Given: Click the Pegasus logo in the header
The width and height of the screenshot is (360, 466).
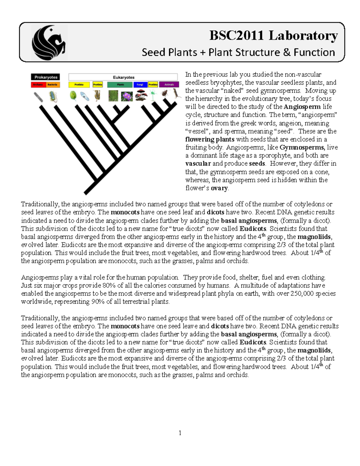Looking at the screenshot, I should pyautogui.click(x=49, y=42).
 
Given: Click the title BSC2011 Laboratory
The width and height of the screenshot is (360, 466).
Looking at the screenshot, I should pyautogui.click(x=273, y=35).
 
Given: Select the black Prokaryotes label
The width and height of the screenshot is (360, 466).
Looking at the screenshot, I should pyautogui.click(x=46, y=77).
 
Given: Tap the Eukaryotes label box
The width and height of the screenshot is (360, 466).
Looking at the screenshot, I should pyautogui.click(x=123, y=77).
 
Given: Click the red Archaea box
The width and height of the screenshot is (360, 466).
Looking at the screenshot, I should pyautogui.click(x=38, y=85).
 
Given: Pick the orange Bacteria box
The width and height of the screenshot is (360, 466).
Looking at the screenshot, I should pyautogui.click(x=52, y=85).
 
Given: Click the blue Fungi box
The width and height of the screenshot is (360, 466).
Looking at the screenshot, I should pyautogui.click(x=140, y=85).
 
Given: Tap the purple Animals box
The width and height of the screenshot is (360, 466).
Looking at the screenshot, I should pyautogui.click(x=169, y=85).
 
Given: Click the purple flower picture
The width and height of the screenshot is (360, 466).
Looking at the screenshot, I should pyautogui.click(x=127, y=96).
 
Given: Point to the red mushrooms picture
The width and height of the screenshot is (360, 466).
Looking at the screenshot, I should pyautogui.click(x=141, y=95).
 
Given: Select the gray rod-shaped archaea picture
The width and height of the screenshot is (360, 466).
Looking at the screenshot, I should pyautogui.click(x=38, y=97).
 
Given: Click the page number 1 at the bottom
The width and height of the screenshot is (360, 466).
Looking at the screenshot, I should pyautogui.click(x=180, y=433).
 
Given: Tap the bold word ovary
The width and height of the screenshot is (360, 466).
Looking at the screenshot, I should pyautogui.click(x=219, y=188).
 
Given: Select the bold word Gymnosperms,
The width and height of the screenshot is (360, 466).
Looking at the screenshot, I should pyautogui.click(x=302, y=147).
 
